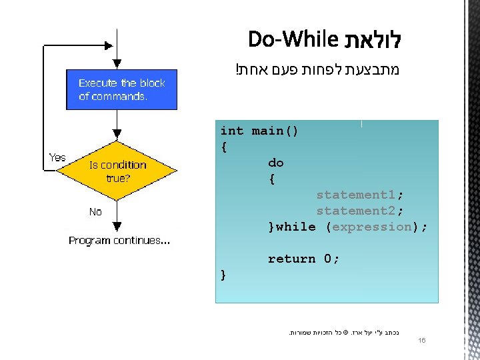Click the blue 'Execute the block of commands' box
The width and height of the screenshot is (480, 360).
[x=121, y=89]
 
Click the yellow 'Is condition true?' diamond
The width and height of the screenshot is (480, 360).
[x=117, y=172]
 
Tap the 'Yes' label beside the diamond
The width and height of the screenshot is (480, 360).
[x=57, y=157]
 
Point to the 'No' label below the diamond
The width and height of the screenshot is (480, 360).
[x=95, y=211]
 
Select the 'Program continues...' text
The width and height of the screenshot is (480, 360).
[x=119, y=240]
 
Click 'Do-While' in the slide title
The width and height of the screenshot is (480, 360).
[x=293, y=40]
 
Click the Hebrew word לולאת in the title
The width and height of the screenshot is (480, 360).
[x=373, y=40]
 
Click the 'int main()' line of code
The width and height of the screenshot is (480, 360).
[x=259, y=131]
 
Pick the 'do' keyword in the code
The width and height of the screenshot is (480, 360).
[x=276, y=163]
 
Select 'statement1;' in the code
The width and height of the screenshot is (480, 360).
[x=360, y=195]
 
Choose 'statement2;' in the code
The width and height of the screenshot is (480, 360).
[x=360, y=211]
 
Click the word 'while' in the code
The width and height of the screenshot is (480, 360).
[x=296, y=227]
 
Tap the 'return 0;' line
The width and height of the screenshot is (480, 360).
[x=304, y=259]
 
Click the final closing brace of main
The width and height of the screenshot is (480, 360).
[x=223, y=275]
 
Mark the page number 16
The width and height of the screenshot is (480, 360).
[x=421, y=341]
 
